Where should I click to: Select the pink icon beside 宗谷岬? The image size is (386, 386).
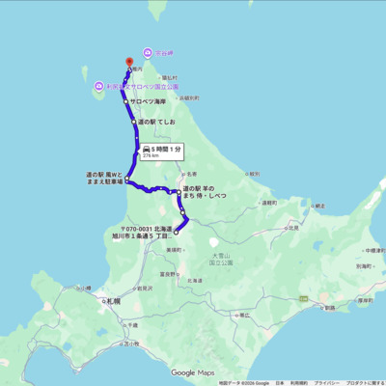point(147,52)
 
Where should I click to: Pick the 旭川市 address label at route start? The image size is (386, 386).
point(146,231)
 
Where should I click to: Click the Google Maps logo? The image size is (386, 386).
point(193,372)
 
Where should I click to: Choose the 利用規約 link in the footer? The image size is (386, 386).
point(298,382)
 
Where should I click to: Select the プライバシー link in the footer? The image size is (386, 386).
point(326,382)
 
